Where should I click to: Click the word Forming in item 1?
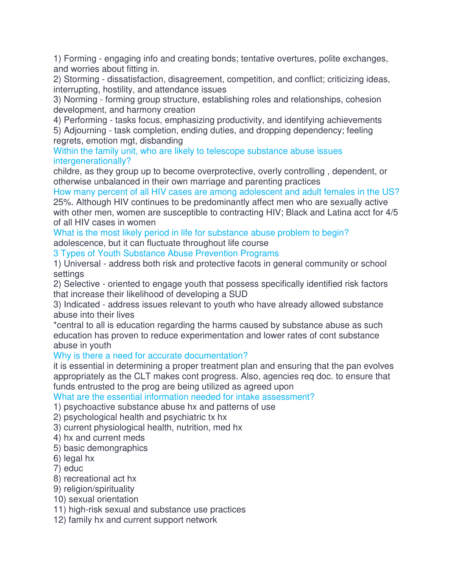80,59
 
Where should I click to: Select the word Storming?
81,79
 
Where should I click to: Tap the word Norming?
80,100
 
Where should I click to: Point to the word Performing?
85,120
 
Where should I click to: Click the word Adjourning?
85,131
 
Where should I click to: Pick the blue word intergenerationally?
92,161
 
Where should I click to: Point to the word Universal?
82,264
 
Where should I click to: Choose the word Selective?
82,284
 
